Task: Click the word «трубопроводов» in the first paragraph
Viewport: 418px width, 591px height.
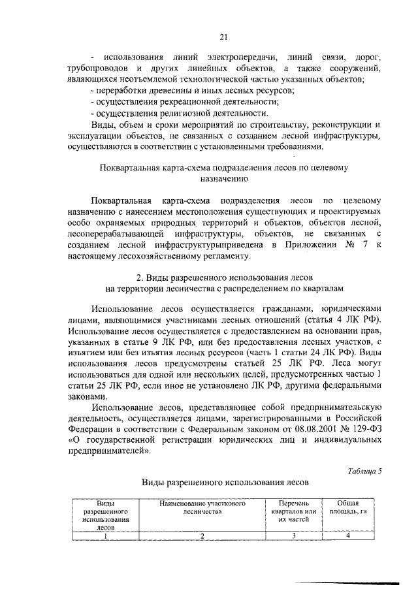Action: tap(97, 69)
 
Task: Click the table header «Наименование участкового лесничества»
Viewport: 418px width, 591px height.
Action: tap(202, 508)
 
